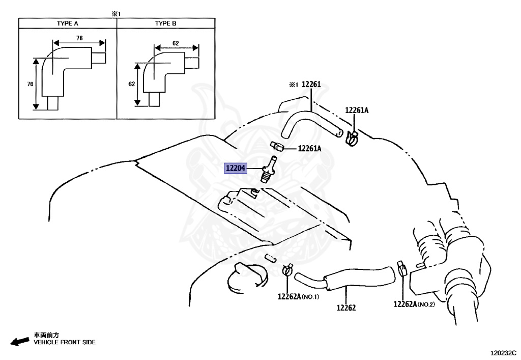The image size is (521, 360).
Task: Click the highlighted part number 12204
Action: click(x=236, y=168)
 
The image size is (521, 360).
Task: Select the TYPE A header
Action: click(x=67, y=23)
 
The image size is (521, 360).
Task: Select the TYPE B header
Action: click(x=165, y=23)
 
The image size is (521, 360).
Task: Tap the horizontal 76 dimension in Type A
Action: click(x=79, y=38)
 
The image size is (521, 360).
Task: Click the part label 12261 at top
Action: click(x=311, y=85)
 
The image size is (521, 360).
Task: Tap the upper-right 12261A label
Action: click(x=357, y=110)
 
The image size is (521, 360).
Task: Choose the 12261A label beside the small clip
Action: click(x=310, y=149)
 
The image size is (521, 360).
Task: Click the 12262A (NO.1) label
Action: click(x=298, y=296)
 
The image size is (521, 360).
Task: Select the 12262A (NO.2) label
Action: click(x=413, y=304)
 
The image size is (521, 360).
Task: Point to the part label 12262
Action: click(x=345, y=308)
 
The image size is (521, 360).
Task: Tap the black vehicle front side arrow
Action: click(x=20, y=341)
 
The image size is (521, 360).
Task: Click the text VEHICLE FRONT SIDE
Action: click(x=65, y=343)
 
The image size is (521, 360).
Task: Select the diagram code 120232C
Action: click(x=503, y=352)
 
